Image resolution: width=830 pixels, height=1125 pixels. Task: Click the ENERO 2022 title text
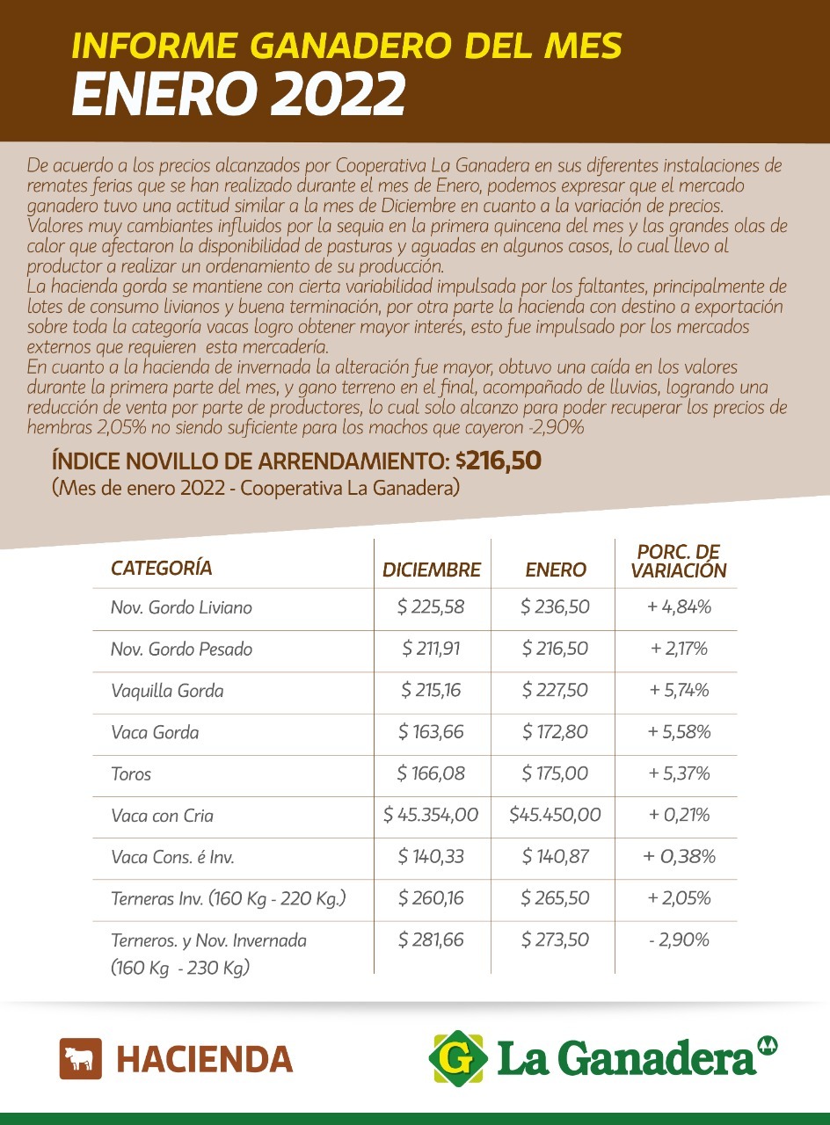pyautogui.click(x=238, y=94)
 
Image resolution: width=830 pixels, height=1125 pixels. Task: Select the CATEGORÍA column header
pyautogui.click(x=162, y=568)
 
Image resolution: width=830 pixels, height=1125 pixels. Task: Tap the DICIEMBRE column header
pyautogui.click(x=432, y=570)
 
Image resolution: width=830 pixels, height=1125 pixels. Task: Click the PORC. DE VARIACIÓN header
pyautogui.click(x=678, y=562)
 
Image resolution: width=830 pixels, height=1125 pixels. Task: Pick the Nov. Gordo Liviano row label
pyautogui.click(x=181, y=607)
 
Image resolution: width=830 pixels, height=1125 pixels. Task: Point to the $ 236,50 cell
pyautogui.click(x=555, y=607)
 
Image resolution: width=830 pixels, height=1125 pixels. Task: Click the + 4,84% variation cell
pyautogui.click(x=679, y=607)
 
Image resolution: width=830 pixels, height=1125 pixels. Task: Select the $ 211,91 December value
pyautogui.click(x=431, y=650)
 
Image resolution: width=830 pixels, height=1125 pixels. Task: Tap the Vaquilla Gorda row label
pyautogui.click(x=167, y=691)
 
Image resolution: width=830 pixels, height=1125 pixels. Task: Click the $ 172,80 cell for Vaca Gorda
pyautogui.click(x=555, y=732)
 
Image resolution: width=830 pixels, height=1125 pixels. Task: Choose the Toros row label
pyautogui.click(x=131, y=774)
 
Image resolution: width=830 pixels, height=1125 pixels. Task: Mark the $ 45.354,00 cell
pyautogui.click(x=431, y=816)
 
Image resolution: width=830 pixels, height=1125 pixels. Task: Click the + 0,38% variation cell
pyautogui.click(x=679, y=857)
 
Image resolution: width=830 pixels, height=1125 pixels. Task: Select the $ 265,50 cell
pyautogui.click(x=555, y=898)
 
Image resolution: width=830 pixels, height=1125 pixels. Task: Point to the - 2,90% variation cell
pyautogui.click(x=679, y=940)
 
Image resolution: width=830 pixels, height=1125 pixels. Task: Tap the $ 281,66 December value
pyautogui.click(x=431, y=940)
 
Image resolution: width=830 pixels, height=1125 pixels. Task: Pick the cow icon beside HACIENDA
pyautogui.click(x=81, y=1058)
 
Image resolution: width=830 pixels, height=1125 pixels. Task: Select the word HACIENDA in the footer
pyautogui.click(x=205, y=1059)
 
